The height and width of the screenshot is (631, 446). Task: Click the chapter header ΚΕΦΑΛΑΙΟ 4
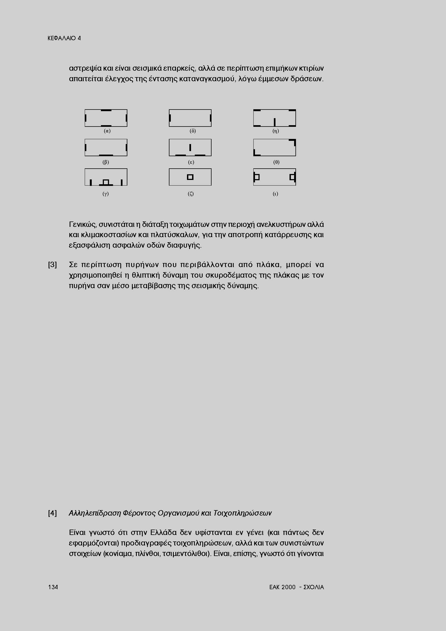64,38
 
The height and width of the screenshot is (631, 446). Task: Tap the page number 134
53,587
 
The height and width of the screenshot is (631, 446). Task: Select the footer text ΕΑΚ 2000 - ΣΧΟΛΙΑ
297,587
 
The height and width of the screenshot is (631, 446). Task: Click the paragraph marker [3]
53,265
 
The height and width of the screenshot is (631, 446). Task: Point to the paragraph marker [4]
53,513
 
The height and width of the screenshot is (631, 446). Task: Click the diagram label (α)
107,131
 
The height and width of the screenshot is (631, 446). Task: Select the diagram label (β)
106,162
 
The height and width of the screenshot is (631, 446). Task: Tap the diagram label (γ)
106,194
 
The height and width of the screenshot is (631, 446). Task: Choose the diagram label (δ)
193,131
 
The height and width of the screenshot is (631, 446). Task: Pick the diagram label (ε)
191,162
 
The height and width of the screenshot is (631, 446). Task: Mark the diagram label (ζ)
191,194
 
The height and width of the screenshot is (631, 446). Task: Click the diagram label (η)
276,131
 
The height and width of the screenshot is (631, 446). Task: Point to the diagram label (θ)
276,162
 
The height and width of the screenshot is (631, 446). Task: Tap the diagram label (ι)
275,194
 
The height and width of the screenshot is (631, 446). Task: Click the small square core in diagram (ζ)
190,177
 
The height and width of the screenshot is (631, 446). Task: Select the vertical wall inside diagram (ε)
190,148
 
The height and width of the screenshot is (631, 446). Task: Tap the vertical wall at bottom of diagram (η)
274,122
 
